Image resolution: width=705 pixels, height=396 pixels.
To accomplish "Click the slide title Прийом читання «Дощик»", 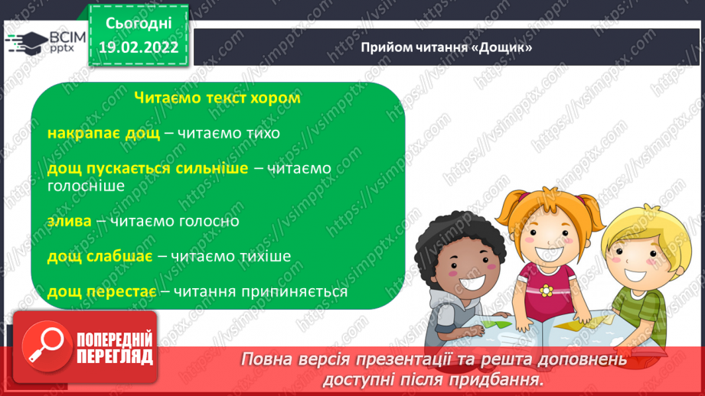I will click(x=447, y=47).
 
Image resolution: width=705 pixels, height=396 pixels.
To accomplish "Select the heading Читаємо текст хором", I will click(x=217, y=99).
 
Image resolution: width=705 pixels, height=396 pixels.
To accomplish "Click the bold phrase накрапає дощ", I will click(x=103, y=133).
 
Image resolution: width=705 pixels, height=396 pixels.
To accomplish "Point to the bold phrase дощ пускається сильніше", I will click(x=148, y=168).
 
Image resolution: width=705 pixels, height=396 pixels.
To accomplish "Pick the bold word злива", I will click(x=69, y=221).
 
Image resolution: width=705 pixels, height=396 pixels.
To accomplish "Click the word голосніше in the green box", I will click(x=84, y=185).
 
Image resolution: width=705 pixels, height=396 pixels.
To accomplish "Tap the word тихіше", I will click(x=263, y=256).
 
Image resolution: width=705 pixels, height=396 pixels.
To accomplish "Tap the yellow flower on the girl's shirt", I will click(x=547, y=291).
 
